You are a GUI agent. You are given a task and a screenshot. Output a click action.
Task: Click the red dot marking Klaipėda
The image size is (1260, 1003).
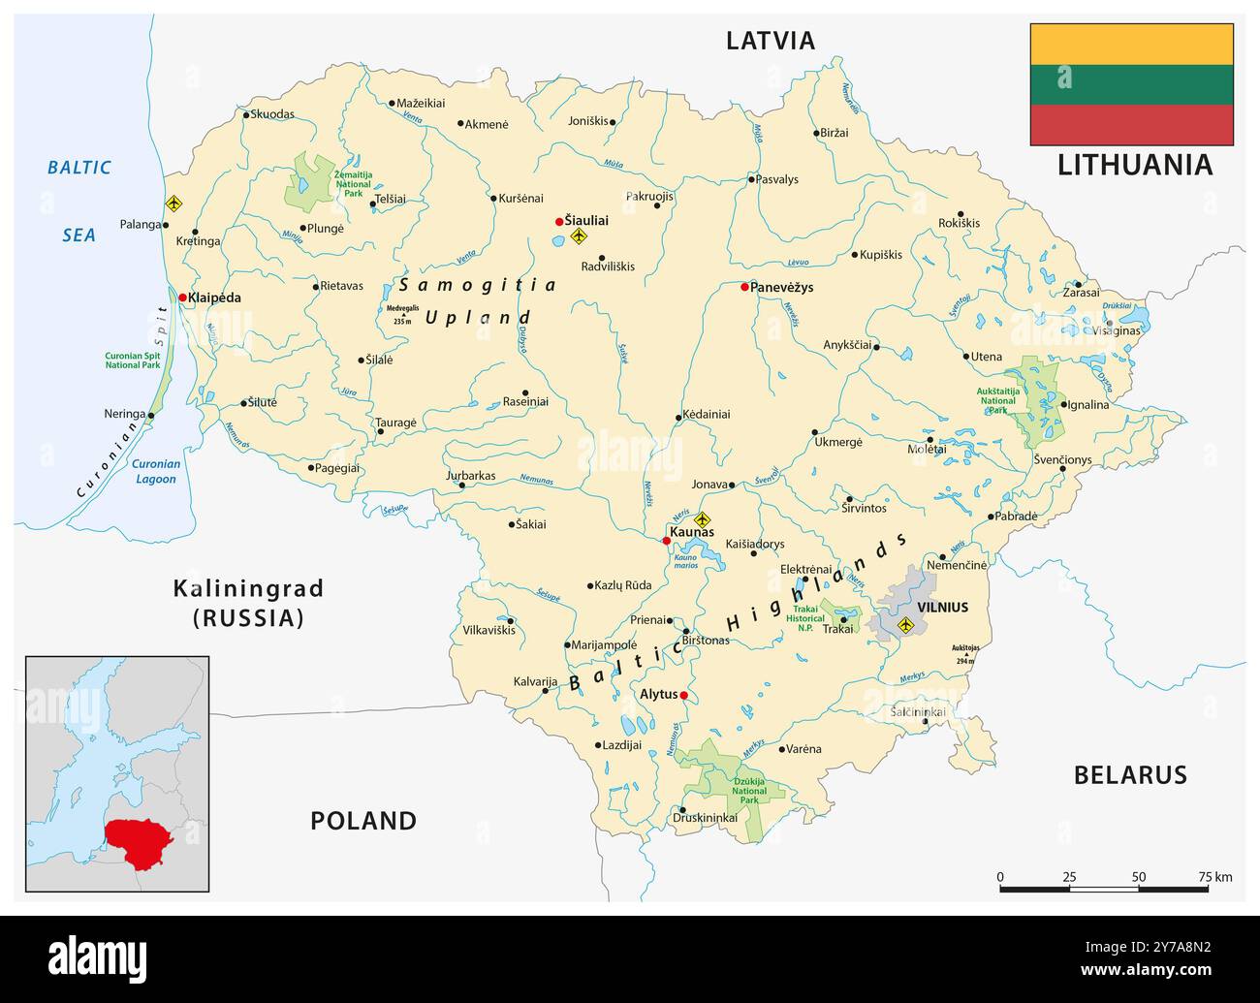182,298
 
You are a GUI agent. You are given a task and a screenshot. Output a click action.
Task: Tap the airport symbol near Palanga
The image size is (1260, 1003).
173,204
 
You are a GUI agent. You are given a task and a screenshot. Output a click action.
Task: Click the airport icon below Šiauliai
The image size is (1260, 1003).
580,235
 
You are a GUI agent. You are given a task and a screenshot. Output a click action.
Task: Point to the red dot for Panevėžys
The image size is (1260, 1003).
744,287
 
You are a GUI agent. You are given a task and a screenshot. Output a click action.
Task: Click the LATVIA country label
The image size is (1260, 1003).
771,41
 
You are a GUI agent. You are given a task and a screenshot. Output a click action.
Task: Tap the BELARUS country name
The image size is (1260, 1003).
1129,774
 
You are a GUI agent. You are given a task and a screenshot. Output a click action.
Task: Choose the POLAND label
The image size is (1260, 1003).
363,821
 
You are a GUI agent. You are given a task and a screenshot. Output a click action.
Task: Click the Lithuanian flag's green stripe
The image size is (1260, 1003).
1131,84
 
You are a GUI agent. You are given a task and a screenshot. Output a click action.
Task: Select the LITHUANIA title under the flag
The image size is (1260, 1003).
1134,165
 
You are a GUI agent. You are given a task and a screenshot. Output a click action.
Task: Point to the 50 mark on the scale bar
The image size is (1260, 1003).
1138,877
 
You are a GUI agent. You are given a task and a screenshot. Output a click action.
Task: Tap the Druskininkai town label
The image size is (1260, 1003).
705,818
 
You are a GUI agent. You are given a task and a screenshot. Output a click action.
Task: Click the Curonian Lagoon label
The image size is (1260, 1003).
155,471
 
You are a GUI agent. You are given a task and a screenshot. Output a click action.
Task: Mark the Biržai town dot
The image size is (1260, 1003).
814,133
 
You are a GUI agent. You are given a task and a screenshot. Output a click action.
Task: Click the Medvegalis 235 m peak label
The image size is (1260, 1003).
403,313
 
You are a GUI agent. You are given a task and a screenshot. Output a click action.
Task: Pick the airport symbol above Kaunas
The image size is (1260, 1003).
704,519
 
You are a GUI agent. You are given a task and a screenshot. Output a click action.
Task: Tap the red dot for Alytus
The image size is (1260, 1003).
683,695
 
